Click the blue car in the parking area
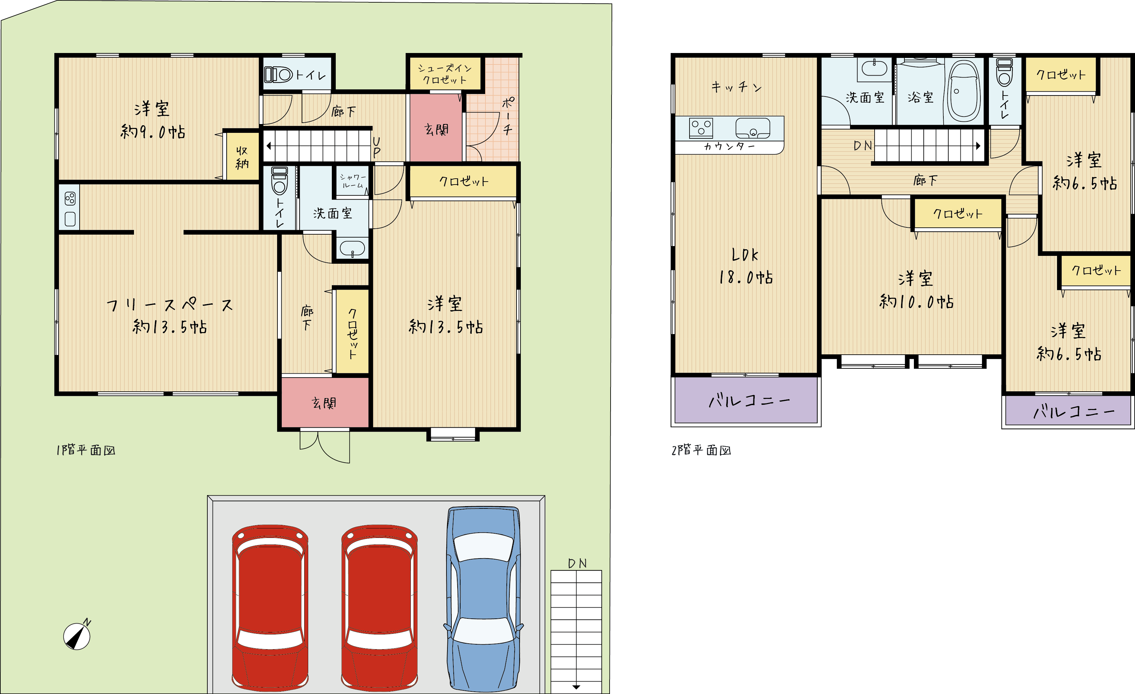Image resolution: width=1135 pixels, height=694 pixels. coord(484,599)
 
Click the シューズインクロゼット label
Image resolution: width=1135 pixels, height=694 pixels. coord(445,74)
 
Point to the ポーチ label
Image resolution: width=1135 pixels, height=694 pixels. coord(508,116)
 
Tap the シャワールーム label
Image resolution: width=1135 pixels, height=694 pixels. coord(353,181)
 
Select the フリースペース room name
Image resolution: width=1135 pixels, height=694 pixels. coord(170,305)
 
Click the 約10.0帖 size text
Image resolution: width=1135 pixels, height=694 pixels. coord(916,302)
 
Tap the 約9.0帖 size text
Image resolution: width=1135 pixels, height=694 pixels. coord(153,132)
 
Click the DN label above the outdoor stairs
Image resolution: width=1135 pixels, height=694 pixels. coord(577,563)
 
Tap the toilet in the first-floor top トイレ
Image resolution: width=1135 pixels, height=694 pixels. coord(279,74)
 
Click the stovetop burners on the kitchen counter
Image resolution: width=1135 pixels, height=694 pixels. coord(701,128)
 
